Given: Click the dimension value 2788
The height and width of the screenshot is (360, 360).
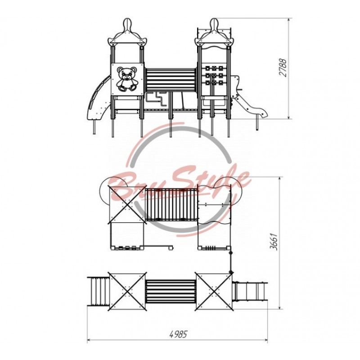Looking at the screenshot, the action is coord(283,67).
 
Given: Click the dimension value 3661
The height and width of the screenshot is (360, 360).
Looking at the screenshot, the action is coord(274,242).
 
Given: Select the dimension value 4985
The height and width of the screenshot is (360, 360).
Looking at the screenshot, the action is coord(178,334).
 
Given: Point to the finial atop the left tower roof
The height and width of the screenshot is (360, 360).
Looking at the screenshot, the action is coord(128,25).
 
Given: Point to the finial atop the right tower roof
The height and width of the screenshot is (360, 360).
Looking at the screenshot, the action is coord(214,25).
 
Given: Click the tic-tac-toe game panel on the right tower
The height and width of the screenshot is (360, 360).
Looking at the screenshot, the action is coord(214,75).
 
